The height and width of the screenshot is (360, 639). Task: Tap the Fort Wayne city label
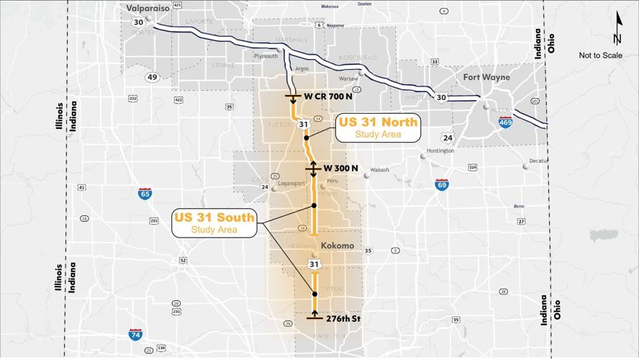(x=486, y=77)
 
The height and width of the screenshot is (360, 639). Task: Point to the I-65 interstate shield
(x=145, y=193)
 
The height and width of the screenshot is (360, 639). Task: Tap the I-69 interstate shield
(x=442, y=185)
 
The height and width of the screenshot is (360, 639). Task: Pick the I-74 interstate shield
(x=135, y=334)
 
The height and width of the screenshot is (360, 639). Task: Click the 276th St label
(x=342, y=318)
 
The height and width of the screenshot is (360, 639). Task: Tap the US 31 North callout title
(x=378, y=122)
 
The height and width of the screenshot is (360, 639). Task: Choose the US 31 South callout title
(x=214, y=217)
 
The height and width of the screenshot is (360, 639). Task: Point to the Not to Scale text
(x=601, y=55)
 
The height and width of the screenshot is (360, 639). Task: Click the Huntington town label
(x=440, y=150)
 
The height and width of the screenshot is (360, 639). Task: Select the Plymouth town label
(x=265, y=55)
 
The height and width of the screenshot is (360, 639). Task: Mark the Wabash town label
(x=379, y=170)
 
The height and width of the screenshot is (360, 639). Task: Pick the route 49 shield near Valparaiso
(x=152, y=77)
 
